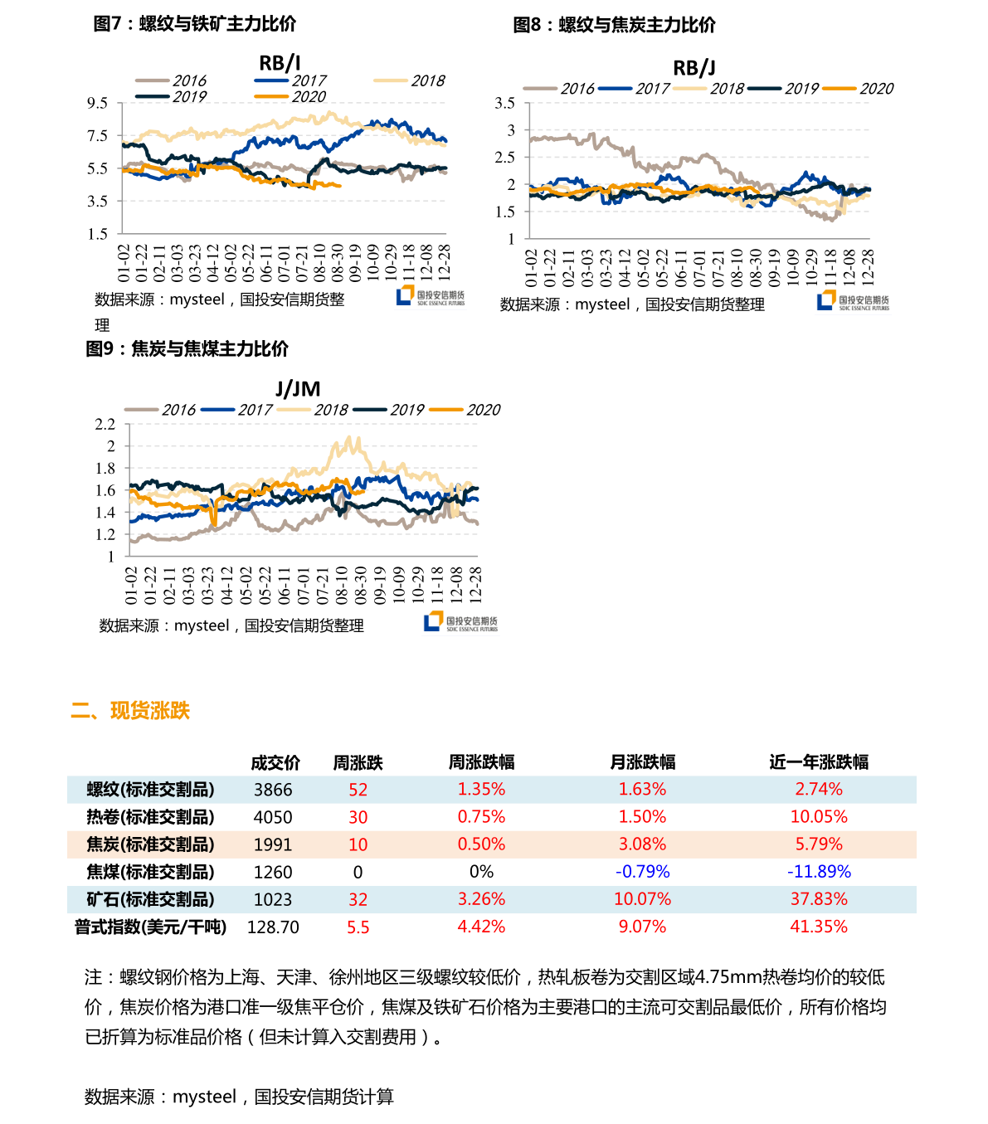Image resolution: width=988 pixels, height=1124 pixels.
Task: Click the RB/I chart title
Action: coord(280,63)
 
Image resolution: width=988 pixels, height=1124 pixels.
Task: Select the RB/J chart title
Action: coord(694,68)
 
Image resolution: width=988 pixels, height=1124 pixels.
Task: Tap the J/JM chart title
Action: coord(298,389)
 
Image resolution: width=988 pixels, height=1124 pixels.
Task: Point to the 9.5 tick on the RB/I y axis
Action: coord(98,103)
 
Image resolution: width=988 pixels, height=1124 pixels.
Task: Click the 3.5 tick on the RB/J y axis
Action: coord(504,103)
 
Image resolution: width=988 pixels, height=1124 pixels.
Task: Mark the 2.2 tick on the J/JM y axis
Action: coord(105,424)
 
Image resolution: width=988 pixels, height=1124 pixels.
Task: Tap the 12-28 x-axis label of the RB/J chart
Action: coord(868,266)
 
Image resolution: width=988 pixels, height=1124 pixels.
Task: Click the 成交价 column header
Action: coord(275,762)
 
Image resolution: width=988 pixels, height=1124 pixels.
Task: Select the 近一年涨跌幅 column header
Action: coord(819,761)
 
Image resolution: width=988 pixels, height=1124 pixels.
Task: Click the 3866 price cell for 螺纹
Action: coord(273,790)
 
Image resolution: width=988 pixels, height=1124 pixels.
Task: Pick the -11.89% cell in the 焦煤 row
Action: coord(819,872)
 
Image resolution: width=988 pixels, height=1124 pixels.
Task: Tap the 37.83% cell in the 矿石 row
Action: coord(819,899)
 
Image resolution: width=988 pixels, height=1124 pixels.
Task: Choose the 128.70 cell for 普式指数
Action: coord(273,927)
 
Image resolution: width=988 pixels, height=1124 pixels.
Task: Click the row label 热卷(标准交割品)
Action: coord(150,817)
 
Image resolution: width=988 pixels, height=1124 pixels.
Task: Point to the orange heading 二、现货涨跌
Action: coord(130,711)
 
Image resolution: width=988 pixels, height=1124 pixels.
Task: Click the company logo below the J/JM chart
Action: coord(460,622)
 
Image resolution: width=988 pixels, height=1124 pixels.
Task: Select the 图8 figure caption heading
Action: coord(614,25)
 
